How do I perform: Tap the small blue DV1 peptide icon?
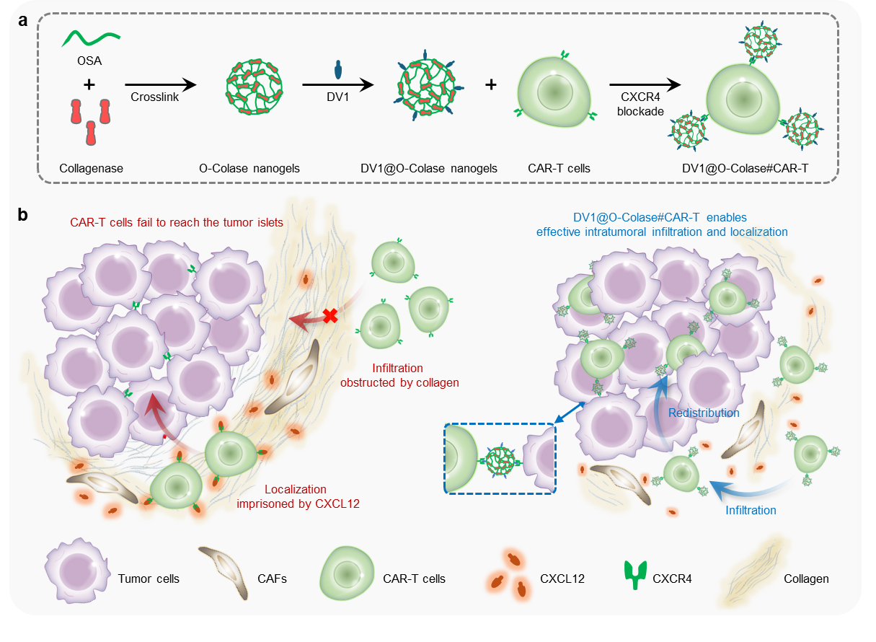coord(338,69)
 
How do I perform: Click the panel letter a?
coord(23,20)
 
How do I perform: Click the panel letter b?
coord(23,214)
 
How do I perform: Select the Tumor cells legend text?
coord(149,579)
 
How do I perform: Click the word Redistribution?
coord(704,413)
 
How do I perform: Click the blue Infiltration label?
coord(751,510)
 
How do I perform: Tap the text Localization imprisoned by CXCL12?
coord(298,496)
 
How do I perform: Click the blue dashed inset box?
coord(500,458)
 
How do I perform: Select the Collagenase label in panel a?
coord(92,169)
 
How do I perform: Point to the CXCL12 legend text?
coord(562,579)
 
